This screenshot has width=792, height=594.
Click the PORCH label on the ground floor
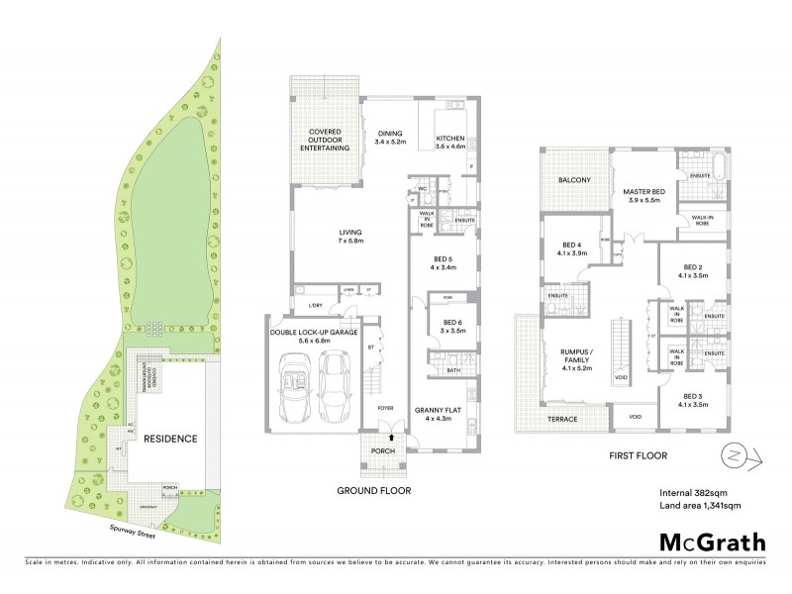pos(383,450)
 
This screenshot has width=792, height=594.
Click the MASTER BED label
pos(642,196)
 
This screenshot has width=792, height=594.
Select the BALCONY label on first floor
pos(574,180)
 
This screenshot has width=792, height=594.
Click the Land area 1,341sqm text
pos(700,506)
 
